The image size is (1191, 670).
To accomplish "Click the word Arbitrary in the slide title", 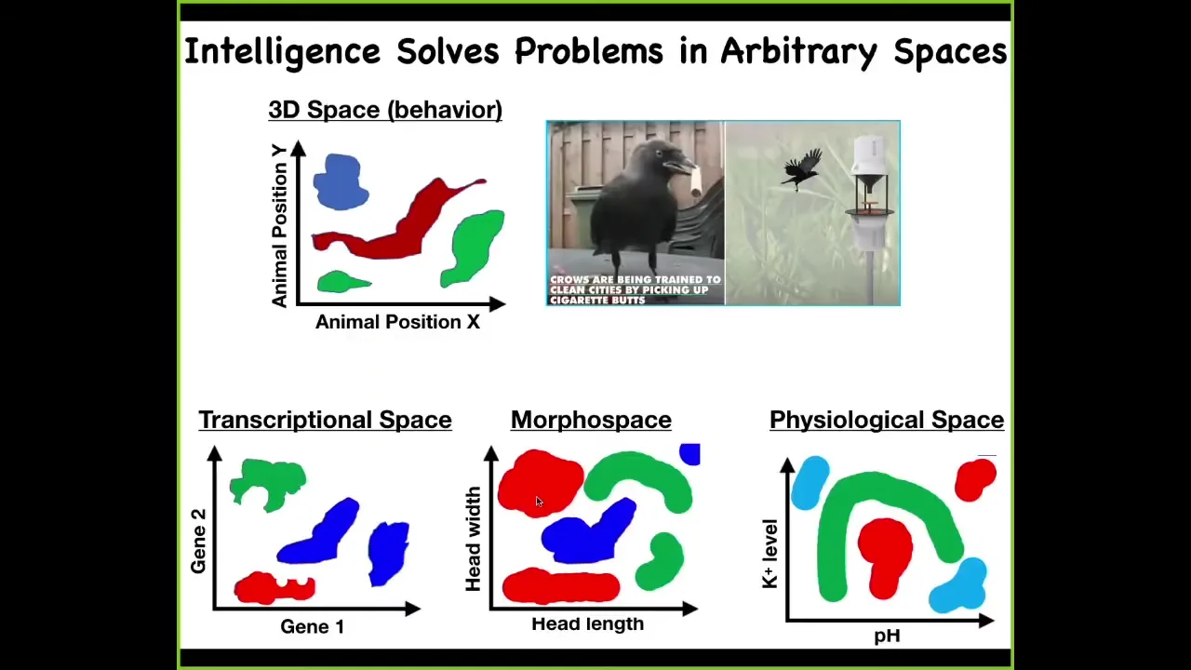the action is (798, 51).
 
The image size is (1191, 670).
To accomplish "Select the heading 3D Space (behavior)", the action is (385, 110).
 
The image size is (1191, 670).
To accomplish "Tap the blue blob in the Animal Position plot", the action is (341, 181).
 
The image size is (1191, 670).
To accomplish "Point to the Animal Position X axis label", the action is (397, 322).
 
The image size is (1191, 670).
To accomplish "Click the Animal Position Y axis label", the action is (279, 226).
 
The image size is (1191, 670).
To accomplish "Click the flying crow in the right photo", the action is (802, 169).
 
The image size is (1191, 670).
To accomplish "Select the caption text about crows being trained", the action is (636, 289).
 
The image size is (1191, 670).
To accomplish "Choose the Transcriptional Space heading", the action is (326, 420).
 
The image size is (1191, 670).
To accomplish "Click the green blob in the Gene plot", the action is (268, 484).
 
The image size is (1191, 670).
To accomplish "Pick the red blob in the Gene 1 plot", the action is (274, 588).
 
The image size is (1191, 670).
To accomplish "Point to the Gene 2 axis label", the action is (198, 542).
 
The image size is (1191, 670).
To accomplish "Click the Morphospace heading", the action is (591, 420).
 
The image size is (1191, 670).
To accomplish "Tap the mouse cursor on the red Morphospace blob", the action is (539, 502).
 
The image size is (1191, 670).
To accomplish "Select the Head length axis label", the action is (587, 623).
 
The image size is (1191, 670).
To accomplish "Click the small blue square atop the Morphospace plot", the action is (689, 454).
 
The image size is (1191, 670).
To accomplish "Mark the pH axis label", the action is (888, 636).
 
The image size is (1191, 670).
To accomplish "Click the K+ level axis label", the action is (770, 554).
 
